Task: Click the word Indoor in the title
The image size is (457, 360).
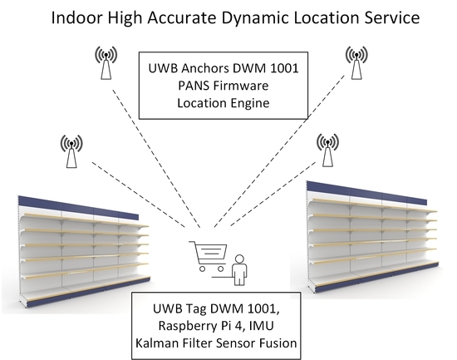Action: pos(78,17)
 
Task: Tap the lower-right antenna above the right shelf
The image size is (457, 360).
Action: pos(327,150)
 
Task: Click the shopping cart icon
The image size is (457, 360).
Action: pos(208,255)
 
